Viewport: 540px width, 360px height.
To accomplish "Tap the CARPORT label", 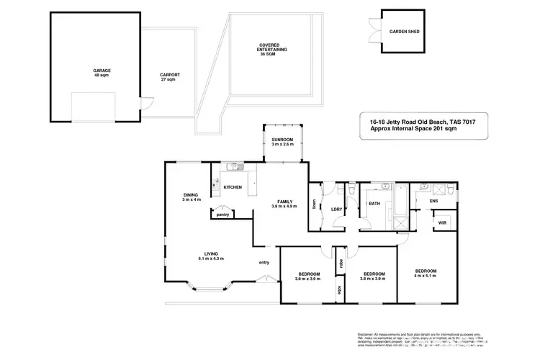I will tap(170, 76).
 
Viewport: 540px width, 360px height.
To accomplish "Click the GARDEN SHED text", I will tap(404, 32).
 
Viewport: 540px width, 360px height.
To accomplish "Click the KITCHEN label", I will tap(233, 188).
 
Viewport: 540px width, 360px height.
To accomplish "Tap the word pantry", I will tap(222, 214).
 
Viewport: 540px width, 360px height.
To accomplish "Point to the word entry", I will tap(264, 262).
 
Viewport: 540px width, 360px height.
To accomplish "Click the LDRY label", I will tap(335, 210).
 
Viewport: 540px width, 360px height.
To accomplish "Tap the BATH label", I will tap(374, 204).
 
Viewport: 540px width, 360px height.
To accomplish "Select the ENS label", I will tap(434, 201).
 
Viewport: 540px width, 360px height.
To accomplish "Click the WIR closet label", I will tap(442, 222).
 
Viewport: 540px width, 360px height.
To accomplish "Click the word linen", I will tap(314, 204).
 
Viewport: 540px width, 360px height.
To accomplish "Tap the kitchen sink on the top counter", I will tap(232, 168).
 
